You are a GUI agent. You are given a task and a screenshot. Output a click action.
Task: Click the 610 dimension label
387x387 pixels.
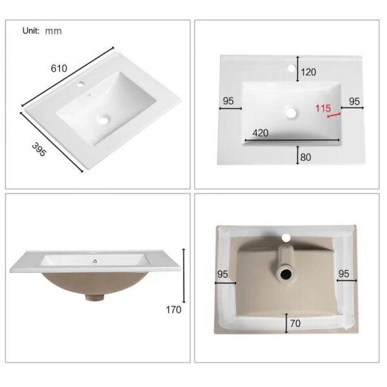coord(59,68)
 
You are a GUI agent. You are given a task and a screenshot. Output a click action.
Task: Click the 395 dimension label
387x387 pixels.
coord(39,150)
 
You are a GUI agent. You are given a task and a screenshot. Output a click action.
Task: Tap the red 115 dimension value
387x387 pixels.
coord(323,108)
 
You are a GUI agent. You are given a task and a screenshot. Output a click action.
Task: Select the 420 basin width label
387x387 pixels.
coord(261,133)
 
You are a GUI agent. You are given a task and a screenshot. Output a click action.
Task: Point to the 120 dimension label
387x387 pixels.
coord(308,72)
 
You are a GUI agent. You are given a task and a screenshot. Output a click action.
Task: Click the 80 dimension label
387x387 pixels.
coord(306,157)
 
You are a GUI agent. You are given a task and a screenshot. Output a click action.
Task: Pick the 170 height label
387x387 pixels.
coord(174,310)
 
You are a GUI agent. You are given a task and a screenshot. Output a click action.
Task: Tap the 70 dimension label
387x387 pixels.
coord(295,323)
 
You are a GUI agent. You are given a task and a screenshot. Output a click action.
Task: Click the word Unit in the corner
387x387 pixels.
coord(31,31)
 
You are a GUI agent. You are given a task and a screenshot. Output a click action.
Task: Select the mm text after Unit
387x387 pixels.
coord(54,32)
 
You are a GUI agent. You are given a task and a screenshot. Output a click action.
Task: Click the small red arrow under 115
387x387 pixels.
coord(333,115)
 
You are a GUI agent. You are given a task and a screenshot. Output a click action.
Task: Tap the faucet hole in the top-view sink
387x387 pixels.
coord(292,68)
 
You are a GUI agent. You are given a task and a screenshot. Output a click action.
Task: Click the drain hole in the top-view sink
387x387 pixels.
coord(292,113)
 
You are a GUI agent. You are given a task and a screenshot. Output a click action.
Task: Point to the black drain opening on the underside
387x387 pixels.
coord(286,275)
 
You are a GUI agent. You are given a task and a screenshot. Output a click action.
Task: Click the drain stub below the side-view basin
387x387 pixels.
coord(94,297)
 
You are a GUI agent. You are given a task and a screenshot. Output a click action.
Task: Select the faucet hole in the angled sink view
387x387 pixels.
coord(80,84)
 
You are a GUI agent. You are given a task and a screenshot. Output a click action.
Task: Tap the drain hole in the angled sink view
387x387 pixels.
coord(103,121)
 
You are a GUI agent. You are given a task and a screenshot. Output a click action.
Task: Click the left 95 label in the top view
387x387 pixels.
coord(228,101)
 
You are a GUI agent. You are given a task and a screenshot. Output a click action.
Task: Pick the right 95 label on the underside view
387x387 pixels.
coord(344,274)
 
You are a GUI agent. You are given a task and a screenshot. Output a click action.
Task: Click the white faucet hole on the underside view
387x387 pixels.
coord(286,237)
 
